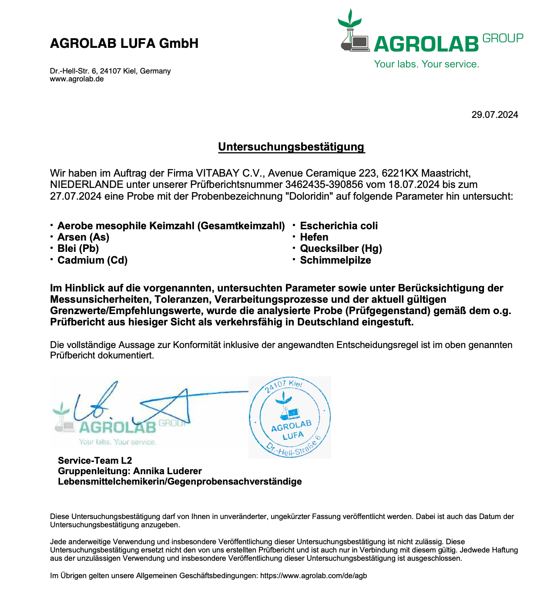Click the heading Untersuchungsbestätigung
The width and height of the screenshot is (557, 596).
pos(291,147)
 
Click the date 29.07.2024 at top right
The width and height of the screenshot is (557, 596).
pos(495,115)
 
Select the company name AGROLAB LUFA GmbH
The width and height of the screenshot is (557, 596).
pos(124,44)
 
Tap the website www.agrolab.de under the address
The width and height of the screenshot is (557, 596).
pos(77,79)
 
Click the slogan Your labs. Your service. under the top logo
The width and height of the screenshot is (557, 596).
pos(426,64)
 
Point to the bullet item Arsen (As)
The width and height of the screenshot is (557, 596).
pos(83,237)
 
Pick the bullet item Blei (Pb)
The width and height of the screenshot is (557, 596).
pos(78,248)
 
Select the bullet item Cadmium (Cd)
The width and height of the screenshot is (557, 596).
pos(92,260)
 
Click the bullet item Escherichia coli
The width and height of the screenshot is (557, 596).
pos(339,226)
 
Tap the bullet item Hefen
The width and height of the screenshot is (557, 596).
pos(314,237)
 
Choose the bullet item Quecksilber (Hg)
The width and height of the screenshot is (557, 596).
pos(341,248)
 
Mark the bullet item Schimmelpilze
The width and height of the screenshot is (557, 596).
pos(336,260)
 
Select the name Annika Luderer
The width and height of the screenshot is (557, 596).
pos(168,471)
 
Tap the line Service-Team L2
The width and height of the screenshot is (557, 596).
pos(95,461)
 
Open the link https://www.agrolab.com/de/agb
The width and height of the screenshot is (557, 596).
pos(313,576)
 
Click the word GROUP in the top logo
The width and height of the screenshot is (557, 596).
pos(503,39)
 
